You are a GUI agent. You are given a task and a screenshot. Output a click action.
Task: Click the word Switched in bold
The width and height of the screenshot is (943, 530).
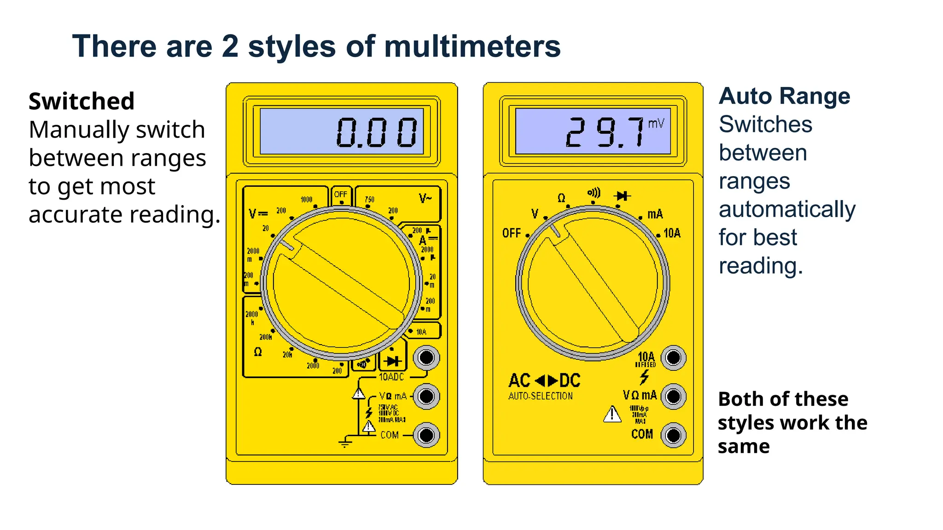pyautogui.click(x=81, y=101)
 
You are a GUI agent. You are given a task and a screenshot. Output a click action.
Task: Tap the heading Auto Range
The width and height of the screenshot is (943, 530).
pyautogui.click(x=784, y=97)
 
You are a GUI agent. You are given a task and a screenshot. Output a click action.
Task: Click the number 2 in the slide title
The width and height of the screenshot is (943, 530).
pyautogui.click(x=230, y=47)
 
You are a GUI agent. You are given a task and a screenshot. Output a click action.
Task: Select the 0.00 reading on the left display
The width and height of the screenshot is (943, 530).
pyautogui.click(x=377, y=132)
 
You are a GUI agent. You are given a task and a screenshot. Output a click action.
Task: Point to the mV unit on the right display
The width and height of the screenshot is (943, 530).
pyautogui.click(x=656, y=123)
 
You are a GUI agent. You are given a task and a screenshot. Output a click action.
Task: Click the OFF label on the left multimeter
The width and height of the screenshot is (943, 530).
pyautogui.click(x=341, y=194)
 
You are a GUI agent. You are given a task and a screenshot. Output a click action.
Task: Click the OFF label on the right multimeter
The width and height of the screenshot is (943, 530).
pyautogui.click(x=512, y=233)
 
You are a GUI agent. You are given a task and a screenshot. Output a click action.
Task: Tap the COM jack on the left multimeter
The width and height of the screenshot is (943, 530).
pyautogui.click(x=426, y=435)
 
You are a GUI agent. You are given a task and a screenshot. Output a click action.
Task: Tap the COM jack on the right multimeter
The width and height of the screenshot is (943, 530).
pyautogui.click(x=673, y=435)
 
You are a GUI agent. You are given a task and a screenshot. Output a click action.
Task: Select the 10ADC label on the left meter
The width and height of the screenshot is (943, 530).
pyautogui.click(x=391, y=377)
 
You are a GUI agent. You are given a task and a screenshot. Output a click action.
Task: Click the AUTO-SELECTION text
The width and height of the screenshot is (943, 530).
pyautogui.click(x=541, y=396)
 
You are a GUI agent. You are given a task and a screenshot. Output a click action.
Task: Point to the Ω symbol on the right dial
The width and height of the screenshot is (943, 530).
pyautogui.click(x=561, y=198)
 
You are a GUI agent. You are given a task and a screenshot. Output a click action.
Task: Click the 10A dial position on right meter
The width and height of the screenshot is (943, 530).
pyautogui.click(x=672, y=233)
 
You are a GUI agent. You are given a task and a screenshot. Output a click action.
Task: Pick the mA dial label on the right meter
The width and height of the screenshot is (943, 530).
pyautogui.click(x=655, y=214)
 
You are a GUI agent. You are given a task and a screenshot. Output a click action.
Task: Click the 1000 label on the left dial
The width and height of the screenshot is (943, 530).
pyautogui.click(x=306, y=200)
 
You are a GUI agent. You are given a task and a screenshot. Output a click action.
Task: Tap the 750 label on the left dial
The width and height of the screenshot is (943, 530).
pyautogui.click(x=370, y=200)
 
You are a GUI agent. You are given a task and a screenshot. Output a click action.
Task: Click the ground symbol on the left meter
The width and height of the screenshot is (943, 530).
pyautogui.click(x=345, y=444)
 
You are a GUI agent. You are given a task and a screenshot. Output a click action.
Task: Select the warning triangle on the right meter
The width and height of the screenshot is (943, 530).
pyautogui.click(x=612, y=414)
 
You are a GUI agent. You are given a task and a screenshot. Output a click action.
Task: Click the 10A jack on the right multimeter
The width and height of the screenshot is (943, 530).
pyautogui.click(x=673, y=357)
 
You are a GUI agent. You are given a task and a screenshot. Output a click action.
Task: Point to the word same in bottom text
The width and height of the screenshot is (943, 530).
pyautogui.click(x=744, y=447)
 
